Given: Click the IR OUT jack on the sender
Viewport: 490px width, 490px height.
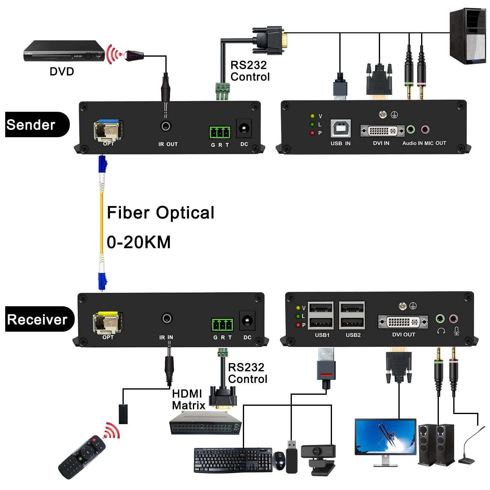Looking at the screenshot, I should (166, 126).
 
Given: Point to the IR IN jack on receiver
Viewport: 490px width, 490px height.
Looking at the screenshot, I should (167, 318).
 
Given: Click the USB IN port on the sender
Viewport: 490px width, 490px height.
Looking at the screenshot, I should (341, 129).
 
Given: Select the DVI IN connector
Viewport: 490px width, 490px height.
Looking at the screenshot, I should (382, 131).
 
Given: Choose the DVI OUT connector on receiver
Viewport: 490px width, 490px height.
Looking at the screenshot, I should (403, 322).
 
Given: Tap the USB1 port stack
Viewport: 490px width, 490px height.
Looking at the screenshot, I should (321, 315).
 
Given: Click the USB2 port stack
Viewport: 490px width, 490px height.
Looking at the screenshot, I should (352, 315).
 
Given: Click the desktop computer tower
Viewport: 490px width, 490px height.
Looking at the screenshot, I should (468, 36).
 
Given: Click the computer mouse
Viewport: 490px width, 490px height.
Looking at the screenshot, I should (279, 461).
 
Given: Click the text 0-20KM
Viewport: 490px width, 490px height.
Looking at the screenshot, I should (138, 242).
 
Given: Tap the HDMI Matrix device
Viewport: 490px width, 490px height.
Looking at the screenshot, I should (205, 423).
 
